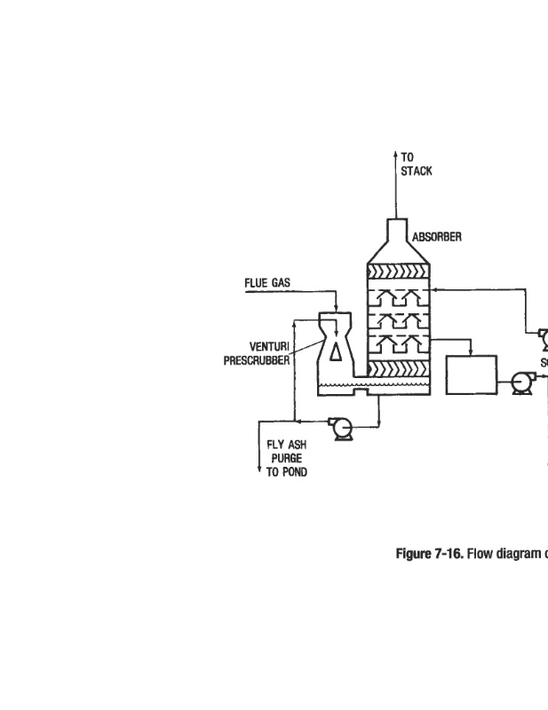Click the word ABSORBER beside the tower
coord(436,238)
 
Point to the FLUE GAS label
coord(267,283)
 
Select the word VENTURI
coord(268,347)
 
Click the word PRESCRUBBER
coord(256,360)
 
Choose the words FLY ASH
coord(286,446)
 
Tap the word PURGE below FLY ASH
coord(286,459)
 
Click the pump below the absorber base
coord(339,427)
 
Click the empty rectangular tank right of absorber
coord(471,374)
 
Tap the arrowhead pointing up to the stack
coord(395,155)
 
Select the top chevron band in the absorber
coord(399,272)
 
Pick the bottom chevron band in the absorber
coord(399,368)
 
